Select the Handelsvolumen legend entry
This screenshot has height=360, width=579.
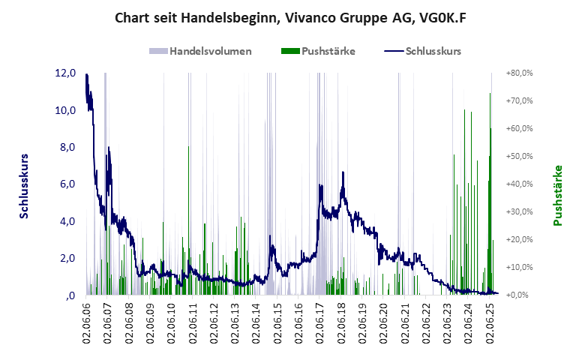pyautogui.click(x=210, y=52)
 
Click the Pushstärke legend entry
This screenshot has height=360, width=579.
pyautogui.click(x=328, y=52)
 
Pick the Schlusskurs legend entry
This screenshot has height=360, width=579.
pyautogui.click(x=432, y=52)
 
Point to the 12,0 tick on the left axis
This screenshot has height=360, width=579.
pyautogui.click(x=65, y=73)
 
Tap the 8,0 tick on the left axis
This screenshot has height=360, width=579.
pyautogui.click(x=65, y=147)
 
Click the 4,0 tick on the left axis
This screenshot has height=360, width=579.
pyautogui.click(x=65, y=221)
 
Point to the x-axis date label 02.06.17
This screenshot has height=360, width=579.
pyautogui.click(x=320, y=323)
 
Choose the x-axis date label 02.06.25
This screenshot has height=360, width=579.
pyautogui.click(x=491, y=323)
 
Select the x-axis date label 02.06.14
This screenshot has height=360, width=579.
pyautogui.click(x=256, y=323)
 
